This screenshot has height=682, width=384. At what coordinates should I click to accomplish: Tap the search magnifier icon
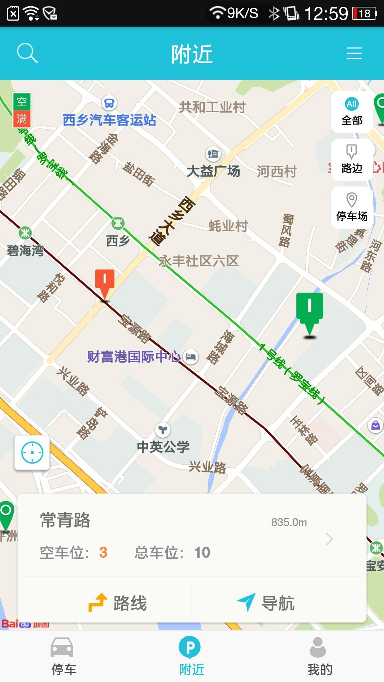[27, 53]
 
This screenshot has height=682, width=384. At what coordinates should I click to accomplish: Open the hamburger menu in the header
[354, 53]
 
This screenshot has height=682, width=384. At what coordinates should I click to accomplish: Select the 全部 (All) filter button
[352, 112]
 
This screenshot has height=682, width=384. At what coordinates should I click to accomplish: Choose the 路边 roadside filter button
[352, 159]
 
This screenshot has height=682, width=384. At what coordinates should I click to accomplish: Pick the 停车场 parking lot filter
[352, 207]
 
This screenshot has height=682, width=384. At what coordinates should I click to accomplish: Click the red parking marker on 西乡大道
[105, 283]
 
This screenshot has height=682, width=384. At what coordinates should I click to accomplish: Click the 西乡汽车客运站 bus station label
[110, 120]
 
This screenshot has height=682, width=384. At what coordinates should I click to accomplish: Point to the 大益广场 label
[213, 171]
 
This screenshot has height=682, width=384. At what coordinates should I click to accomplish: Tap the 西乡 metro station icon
[118, 223]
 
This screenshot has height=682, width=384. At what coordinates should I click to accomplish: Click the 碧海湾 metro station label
[25, 250]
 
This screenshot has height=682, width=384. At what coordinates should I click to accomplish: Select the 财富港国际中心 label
[134, 357]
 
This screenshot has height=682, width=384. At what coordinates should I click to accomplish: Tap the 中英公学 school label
[163, 446]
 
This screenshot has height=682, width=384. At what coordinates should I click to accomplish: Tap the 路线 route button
[118, 603]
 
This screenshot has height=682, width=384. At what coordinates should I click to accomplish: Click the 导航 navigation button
[266, 603]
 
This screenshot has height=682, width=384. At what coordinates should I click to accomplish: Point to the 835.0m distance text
[289, 522]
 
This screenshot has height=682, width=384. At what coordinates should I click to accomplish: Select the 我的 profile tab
[319, 656]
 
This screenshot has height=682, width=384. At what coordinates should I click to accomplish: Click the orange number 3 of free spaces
[103, 552]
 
